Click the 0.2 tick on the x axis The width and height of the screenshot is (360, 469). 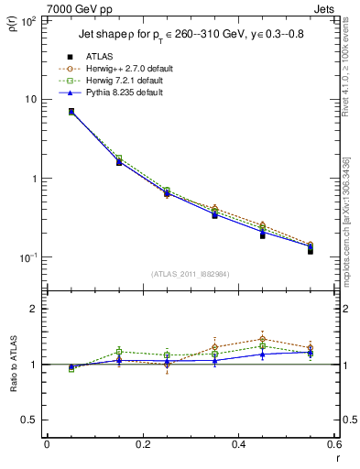click(142, 444)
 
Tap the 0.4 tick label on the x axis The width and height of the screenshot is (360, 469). click(238, 444)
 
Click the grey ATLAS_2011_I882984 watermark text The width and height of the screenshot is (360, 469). click(191, 274)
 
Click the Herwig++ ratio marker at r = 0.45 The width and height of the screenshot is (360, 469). click(263, 339)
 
